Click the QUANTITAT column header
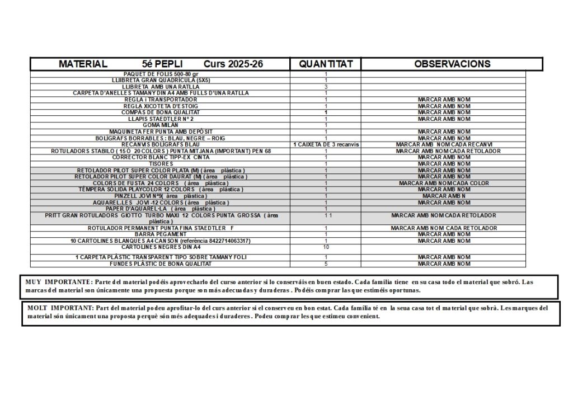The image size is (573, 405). coord(326,64)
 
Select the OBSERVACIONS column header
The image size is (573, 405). coord(452,64)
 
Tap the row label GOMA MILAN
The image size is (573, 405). coord(161,125)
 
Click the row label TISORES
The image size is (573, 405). coord(161,164)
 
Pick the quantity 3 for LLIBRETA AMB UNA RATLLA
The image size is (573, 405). coord(326,87)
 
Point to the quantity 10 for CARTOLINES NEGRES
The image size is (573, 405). coord(326,247)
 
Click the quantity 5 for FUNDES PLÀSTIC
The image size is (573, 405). coord(326,263)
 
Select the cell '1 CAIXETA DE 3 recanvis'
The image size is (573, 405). coord(326,144)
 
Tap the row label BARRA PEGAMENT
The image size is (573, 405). coord(161,234)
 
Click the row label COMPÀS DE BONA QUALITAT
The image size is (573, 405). coord(161,112)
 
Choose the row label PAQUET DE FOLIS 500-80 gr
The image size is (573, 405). coord(161,74)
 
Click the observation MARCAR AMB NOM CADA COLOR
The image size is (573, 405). coord(444,183)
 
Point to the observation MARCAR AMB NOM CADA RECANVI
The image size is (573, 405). coord(444,144)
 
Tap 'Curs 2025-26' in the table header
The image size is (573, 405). coord(233,64)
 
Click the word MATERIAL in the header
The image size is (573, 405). coord(83,64)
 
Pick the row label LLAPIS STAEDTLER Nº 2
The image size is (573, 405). coord(161,119)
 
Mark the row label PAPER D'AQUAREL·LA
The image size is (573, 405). coord(161,209)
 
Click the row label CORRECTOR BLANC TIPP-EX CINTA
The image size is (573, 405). coord(161,158)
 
